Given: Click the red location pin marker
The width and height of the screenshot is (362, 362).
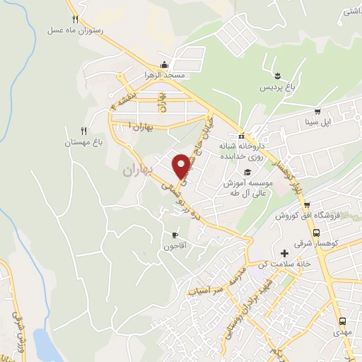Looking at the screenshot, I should coord(182,165).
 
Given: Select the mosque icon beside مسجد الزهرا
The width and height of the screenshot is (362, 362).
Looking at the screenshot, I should coord(164,64).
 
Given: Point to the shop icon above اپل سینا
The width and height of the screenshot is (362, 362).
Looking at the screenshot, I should coord(317,111).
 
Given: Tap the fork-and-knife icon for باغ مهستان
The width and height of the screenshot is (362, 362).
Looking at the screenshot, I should coord(84,131).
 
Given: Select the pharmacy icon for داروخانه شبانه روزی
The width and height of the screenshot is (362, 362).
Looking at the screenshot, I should coord(241,136).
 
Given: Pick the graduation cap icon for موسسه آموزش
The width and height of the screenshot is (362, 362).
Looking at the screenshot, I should coord(247,173).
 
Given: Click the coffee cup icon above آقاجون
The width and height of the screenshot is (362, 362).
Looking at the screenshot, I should coord(175,235).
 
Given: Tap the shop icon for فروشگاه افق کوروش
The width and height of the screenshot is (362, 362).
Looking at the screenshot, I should coord(307,205).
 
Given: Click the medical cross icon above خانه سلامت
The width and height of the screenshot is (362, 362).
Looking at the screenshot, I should coord(285,252).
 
